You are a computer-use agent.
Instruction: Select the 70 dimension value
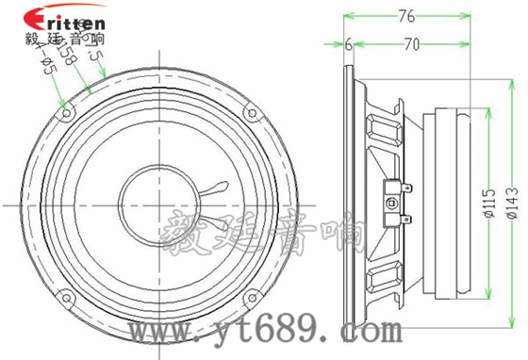pyautogui.click(x=410, y=43)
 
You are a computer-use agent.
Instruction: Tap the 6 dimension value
pyautogui.click(x=348, y=43)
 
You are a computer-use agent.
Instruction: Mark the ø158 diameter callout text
pyautogui.click(x=67, y=58)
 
